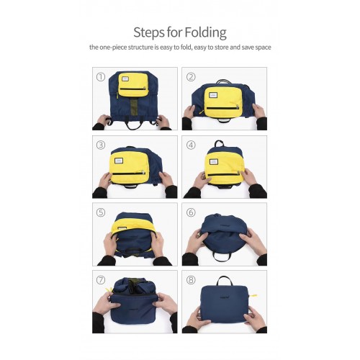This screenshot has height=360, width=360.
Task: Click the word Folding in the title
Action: pos(204,32)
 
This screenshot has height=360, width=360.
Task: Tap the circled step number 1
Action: pos(101,76)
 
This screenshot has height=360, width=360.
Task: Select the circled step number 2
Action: pos(191,76)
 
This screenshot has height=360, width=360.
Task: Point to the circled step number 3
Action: pos(101,144)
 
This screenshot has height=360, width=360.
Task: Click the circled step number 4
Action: pos(191,144)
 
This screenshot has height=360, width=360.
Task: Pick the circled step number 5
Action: pos(101,212)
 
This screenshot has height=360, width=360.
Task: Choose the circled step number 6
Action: pos(191,212)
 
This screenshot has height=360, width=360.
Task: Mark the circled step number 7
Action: pos(101,279)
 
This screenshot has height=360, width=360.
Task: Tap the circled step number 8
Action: pos(191,279)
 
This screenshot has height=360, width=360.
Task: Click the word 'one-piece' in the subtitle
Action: pos(114,47)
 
